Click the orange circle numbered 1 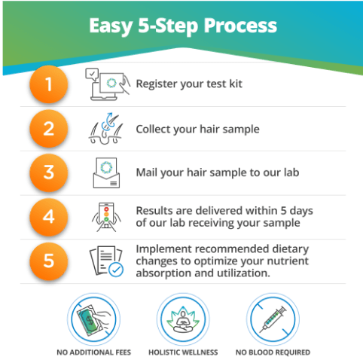[x=49, y=84]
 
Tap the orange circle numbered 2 [x=49, y=129]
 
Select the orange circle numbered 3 [x=49, y=172]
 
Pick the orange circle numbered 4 [x=49, y=217]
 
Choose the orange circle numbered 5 [x=49, y=261]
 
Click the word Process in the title [x=240, y=26]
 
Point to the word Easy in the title [x=111, y=26]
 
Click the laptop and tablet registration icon [x=108, y=84]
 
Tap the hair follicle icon [x=106, y=129]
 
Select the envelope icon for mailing [x=106, y=172]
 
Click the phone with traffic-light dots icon [x=106, y=217]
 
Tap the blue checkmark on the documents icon [x=116, y=270]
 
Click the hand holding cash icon [x=93, y=319]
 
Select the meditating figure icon [x=183, y=319]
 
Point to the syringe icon [x=273, y=319]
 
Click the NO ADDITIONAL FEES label [x=93, y=352]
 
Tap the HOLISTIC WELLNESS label [x=183, y=352]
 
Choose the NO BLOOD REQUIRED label [x=273, y=352]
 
